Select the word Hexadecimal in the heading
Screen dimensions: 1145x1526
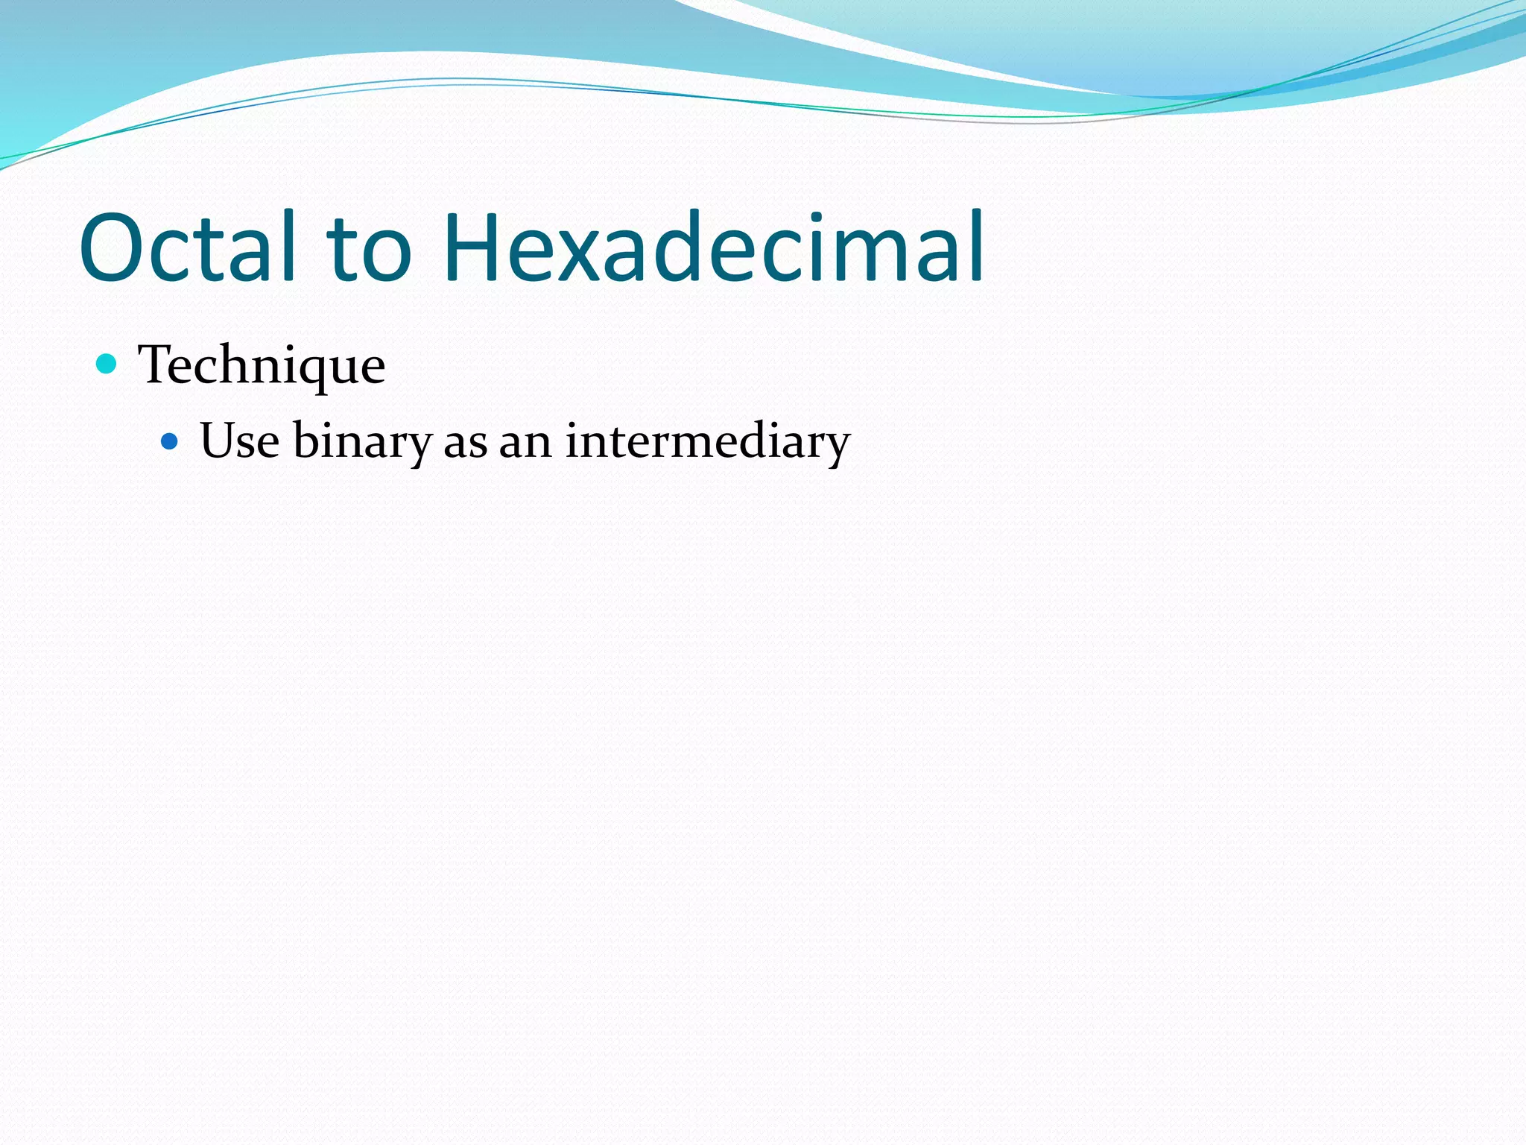click(714, 247)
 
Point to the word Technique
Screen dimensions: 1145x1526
click(262, 365)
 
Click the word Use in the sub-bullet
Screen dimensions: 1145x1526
click(239, 441)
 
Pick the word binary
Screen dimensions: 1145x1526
click(362, 442)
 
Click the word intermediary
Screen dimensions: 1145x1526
click(707, 442)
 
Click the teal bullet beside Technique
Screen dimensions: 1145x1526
click(107, 364)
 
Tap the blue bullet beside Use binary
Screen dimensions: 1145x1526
click(170, 442)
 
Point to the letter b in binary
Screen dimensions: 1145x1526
click(306, 440)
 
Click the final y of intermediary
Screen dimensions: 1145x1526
click(835, 447)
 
